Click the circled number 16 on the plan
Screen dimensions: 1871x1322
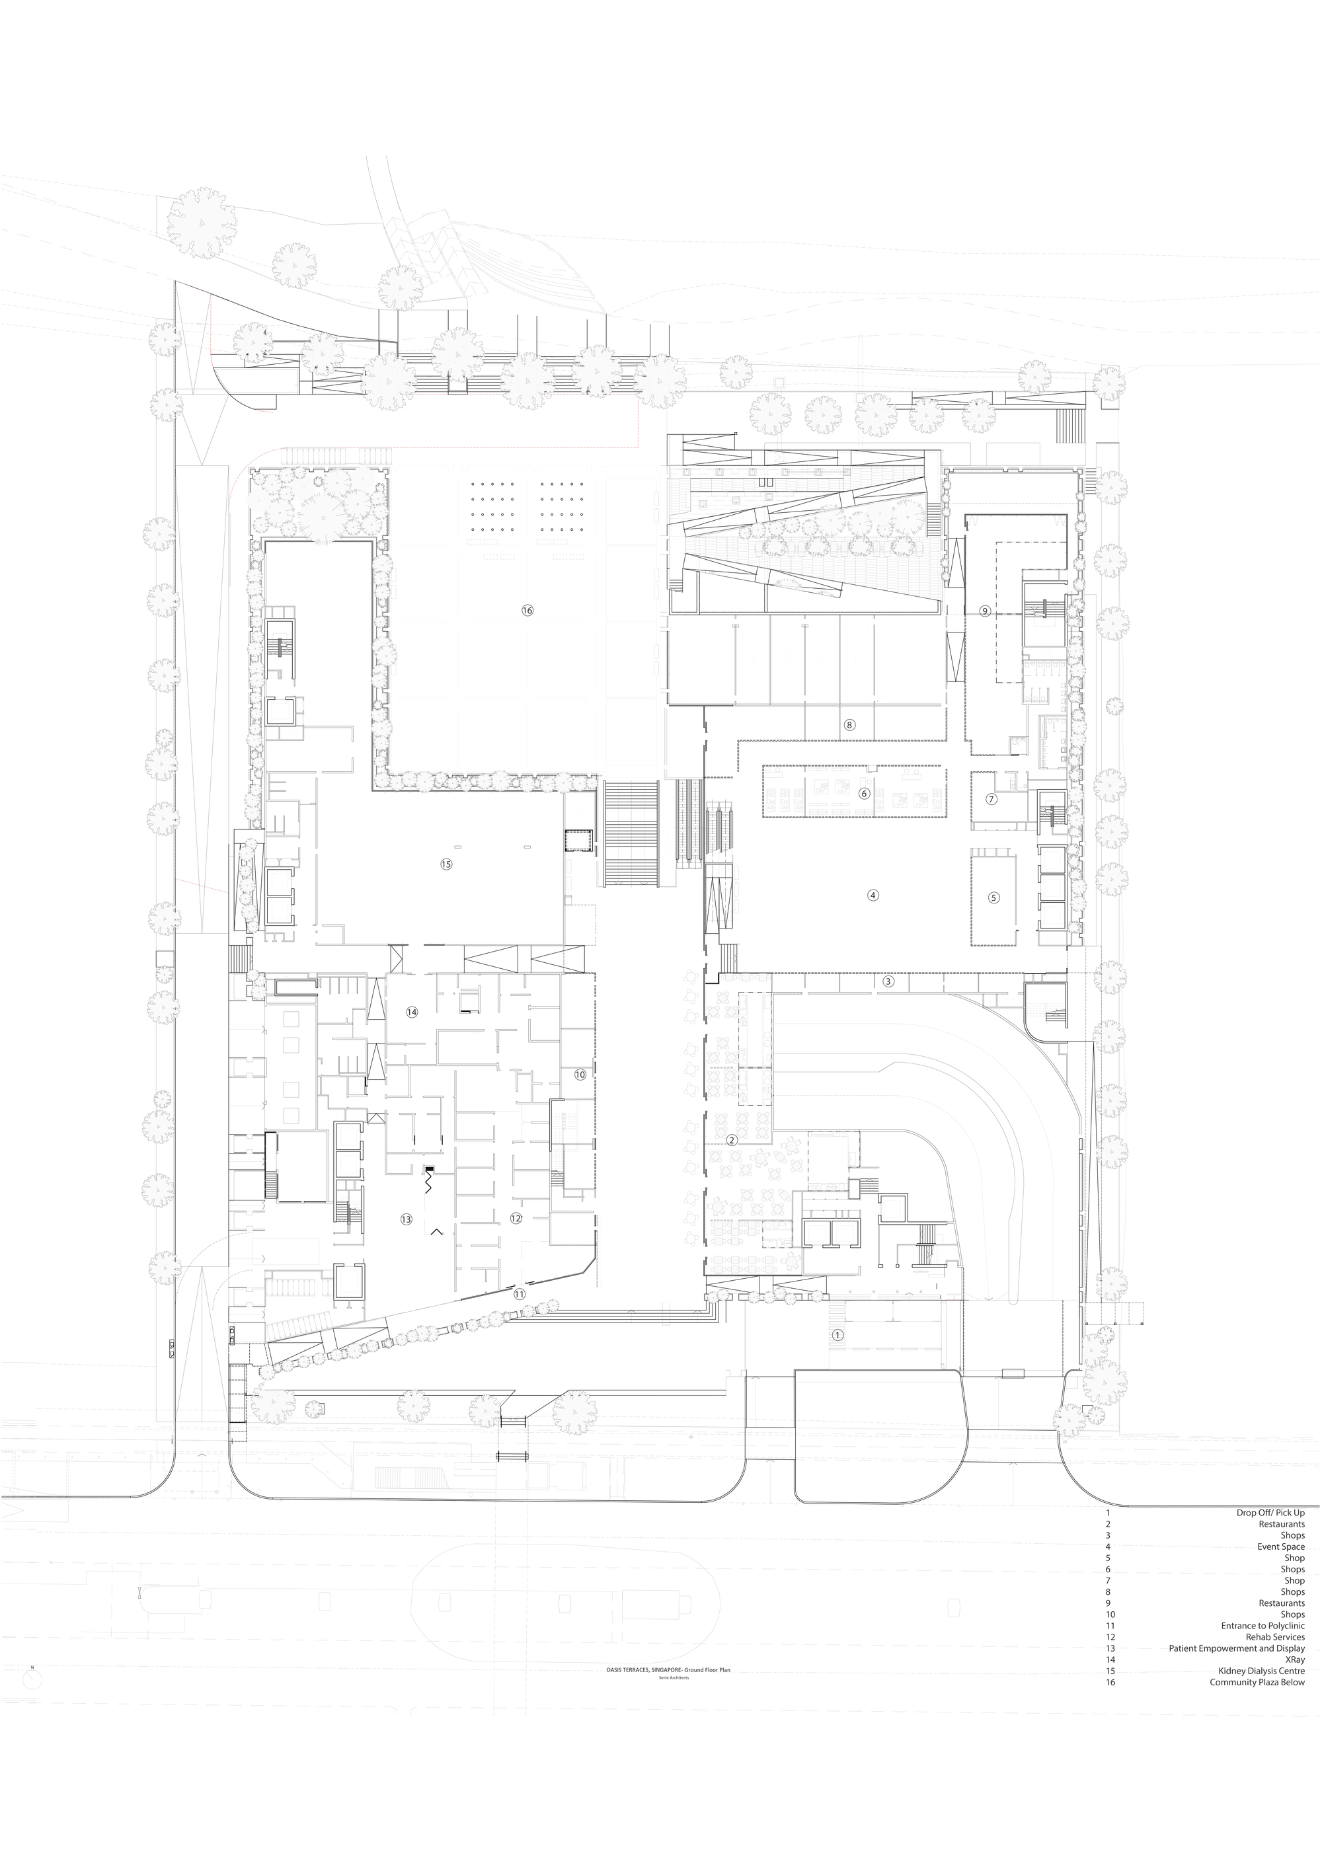click(527, 611)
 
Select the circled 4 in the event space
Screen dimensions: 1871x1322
click(873, 895)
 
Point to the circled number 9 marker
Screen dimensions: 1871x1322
click(985, 611)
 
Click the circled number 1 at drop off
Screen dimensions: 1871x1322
click(837, 1336)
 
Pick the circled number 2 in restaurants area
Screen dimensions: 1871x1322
click(732, 1139)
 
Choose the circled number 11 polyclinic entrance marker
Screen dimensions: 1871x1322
click(519, 1293)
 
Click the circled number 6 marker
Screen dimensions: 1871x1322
click(865, 793)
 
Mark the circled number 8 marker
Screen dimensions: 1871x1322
click(849, 724)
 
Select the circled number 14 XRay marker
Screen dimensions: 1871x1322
click(412, 1011)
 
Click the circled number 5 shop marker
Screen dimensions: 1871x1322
click(993, 898)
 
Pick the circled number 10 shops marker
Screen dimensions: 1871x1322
click(580, 1075)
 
